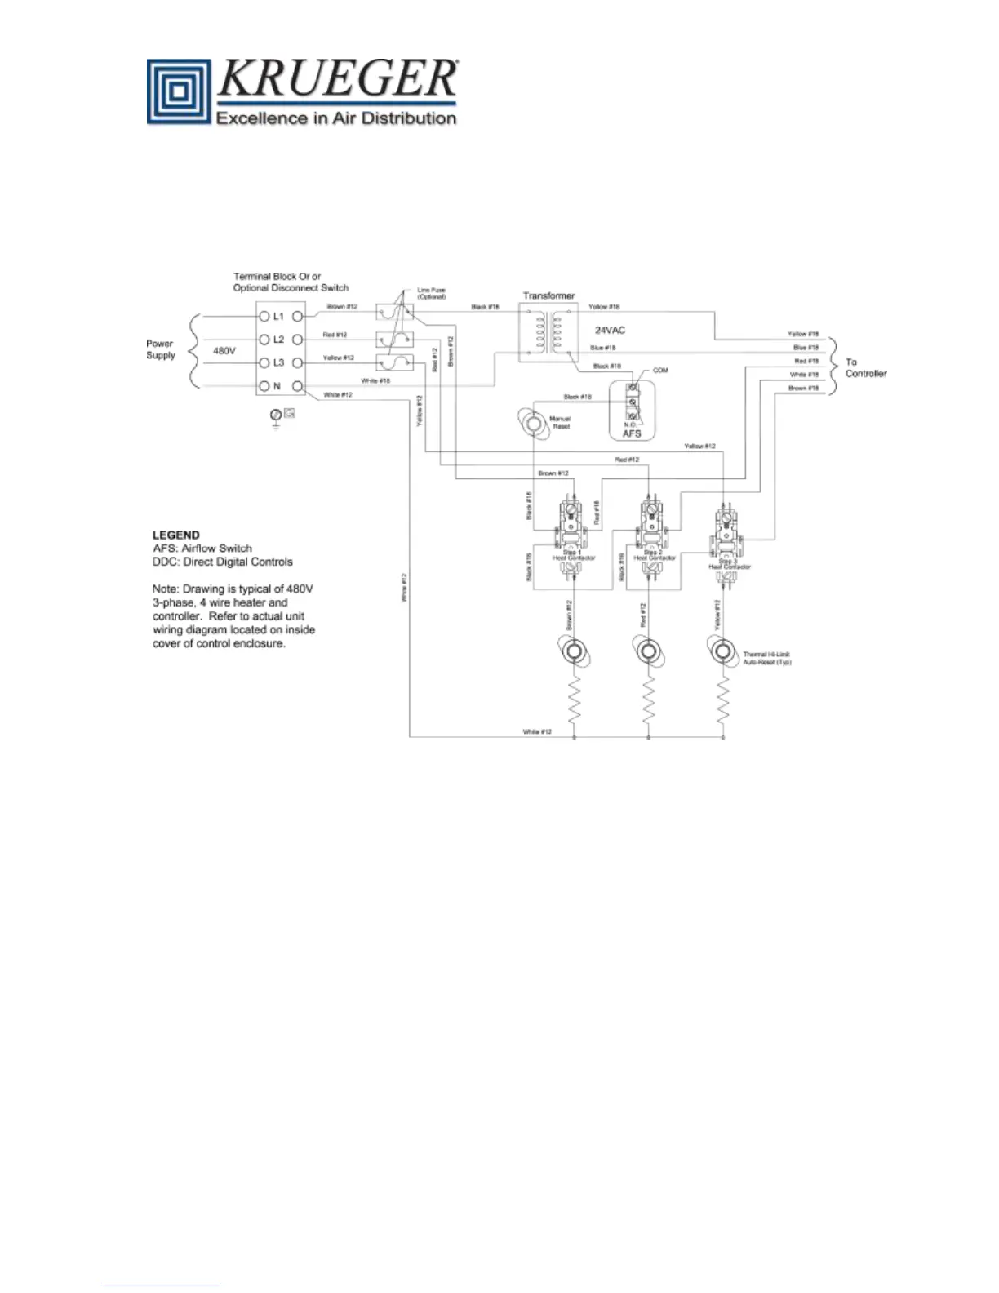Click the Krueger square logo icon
tap(180, 92)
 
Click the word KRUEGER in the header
tap(337, 80)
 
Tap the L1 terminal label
tap(278, 316)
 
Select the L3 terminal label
tap(278, 362)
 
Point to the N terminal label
tap(277, 386)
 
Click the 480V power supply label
tap(224, 351)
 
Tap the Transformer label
tap(548, 295)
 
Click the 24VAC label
tap(610, 331)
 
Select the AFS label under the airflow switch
tap(632, 433)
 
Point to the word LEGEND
tap(175, 535)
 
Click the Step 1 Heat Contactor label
tap(574, 555)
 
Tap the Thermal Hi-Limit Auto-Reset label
tap(767, 658)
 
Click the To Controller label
tap(865, 367)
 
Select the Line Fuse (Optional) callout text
tap(431, 294)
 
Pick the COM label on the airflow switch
tap(660, 371)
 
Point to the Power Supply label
tap(161, 349)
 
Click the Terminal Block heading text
tap(291, 282)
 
